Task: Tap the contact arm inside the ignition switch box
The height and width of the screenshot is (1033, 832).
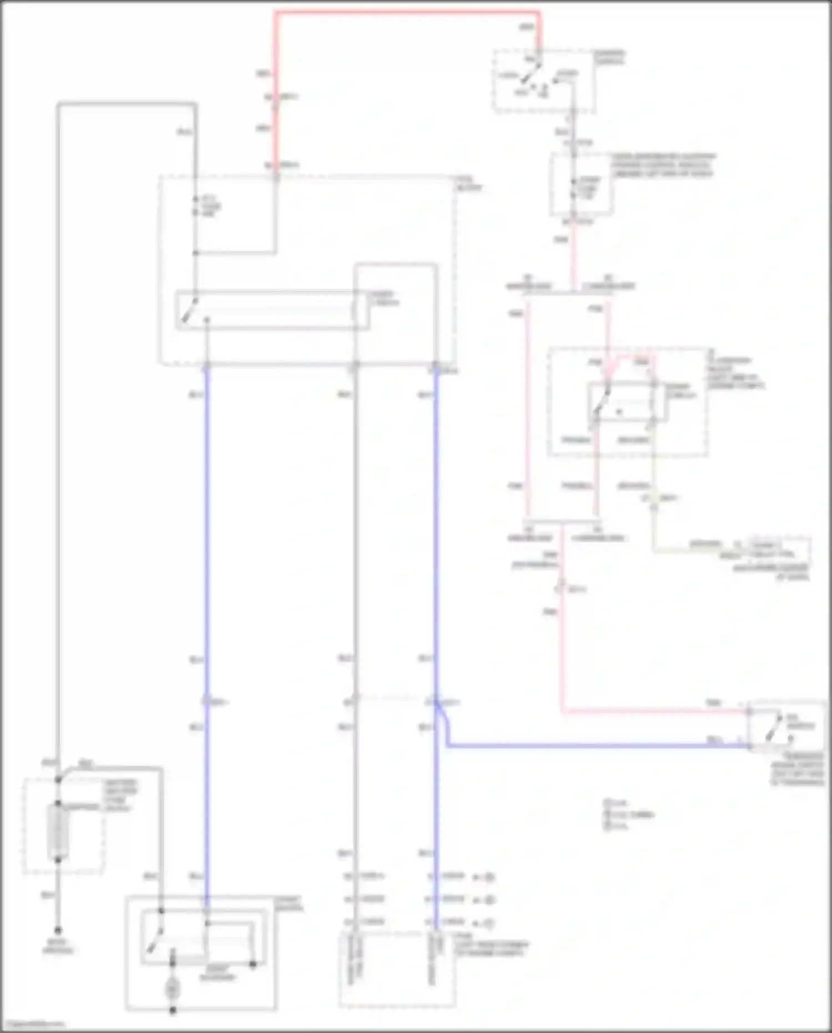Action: [533, 72]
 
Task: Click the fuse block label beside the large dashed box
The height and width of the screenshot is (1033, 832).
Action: [469, 185]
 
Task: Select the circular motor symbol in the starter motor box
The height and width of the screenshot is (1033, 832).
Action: [173, 989]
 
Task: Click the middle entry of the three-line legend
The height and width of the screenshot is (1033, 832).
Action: [630, 814]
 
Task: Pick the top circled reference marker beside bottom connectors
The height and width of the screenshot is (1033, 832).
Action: [488, 878]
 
